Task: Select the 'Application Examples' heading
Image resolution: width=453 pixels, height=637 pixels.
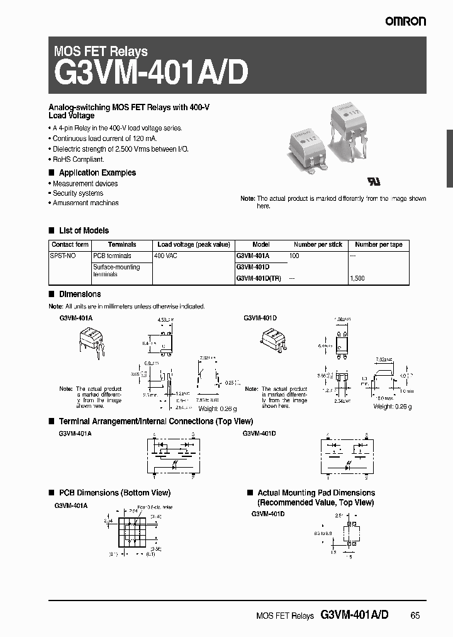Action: pyautogui.click(x=97, y=172)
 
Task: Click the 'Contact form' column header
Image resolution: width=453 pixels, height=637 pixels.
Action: pyautogui.click(x=70, y=244)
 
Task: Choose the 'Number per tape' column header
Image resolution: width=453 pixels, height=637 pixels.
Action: pyautogui.click(x=378, y=244)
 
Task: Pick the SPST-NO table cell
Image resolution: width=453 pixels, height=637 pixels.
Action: pyautogui.click(x=62, y=256)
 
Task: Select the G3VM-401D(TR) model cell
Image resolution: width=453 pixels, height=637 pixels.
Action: pyautogui.click(x=258, y=278)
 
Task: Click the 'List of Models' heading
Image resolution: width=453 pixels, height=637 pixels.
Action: pyautogui.click(x=83, y=230)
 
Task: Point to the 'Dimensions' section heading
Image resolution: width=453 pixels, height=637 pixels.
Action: pyautogui.click(x=79, y=294)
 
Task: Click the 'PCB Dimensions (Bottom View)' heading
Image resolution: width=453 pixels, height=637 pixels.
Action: pyautogui.click(x=114, y=493)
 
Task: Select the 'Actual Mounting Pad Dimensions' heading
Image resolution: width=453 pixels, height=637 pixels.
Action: pyautogui.click(x=316, y=493)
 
